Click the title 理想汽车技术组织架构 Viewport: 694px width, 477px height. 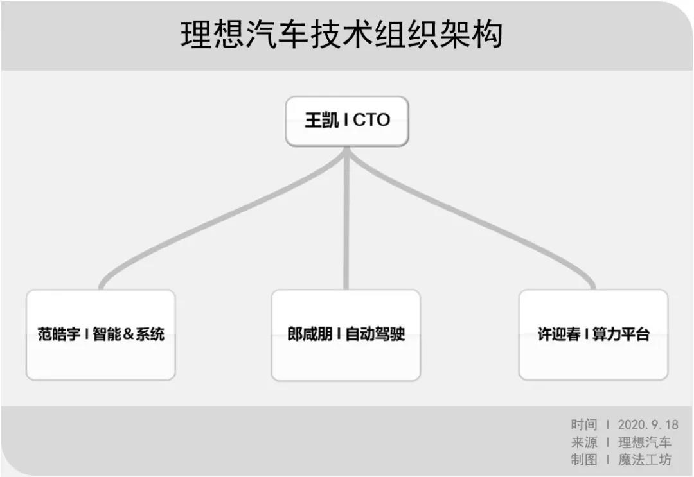pos(341,33)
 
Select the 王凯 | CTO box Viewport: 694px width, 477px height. pos(346,121)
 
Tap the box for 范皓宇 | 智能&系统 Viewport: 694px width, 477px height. pos(101,334)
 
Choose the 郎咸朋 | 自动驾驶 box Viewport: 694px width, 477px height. pos(346,334)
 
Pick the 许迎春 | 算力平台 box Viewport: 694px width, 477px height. pos(593,334)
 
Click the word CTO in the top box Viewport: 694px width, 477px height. pos(371,120)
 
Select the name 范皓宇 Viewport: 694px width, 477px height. pos(59,334)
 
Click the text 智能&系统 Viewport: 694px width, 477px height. pos(129,334)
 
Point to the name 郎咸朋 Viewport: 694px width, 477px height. pos(310,334)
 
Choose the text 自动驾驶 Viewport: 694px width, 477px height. pos(375,334)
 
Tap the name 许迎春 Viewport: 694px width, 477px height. pos(559,334)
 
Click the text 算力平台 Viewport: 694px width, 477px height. pos(621,334)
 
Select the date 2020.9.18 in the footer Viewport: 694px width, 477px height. pos(648,425)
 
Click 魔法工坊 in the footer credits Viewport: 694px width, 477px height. pos(645,460)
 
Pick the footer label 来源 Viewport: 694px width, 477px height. pos(583,442)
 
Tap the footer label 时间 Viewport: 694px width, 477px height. pos(583,425)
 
